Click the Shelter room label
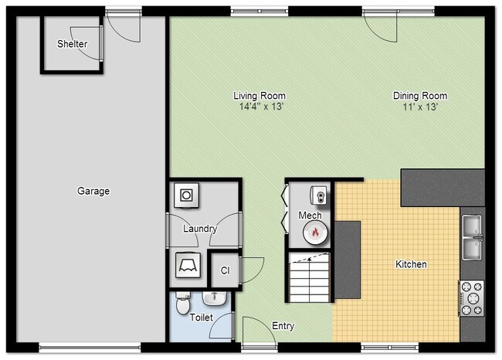point(72,44)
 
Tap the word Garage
point(93,191)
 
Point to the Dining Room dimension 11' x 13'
point(419,107)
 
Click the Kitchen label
point(411,264)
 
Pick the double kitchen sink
point(471,237)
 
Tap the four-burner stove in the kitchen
point(471,297)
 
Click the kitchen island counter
point(348,260)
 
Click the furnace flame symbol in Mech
point(315,231)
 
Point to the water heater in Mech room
point(318,195)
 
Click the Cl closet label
point(225,270)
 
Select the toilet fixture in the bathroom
point(182,304)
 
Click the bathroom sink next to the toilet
point(214,297)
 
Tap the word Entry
point(283,326)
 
